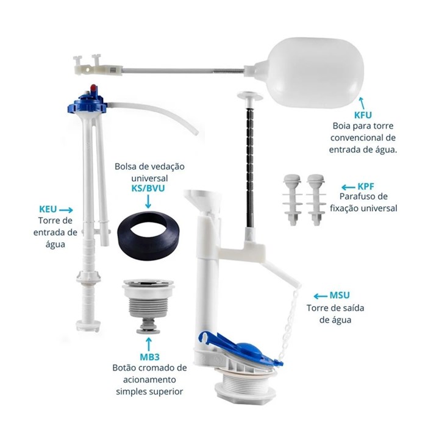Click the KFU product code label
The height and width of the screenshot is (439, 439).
363,115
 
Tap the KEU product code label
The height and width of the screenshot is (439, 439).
48,209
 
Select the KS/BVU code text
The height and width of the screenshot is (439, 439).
148,188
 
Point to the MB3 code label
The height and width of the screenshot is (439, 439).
150,357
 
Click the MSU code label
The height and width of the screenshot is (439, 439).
340,295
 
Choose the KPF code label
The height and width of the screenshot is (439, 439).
366,187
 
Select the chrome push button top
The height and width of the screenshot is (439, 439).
148,284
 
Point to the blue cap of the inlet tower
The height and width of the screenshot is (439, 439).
87,102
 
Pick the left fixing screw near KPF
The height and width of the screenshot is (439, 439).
292,199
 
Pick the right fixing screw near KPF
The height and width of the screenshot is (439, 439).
316,199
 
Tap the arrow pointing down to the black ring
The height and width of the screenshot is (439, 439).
148,202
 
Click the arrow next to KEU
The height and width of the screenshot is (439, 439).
66,210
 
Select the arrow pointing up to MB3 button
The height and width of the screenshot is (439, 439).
149,344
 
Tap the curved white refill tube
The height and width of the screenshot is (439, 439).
157,114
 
